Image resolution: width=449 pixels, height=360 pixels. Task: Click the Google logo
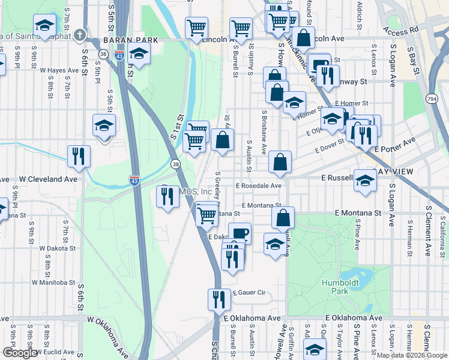(x=19, y=353)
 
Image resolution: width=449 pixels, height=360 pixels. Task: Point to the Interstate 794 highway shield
(x=432, y=98)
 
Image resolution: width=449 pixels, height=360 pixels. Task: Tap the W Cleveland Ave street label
(x=49, y=179)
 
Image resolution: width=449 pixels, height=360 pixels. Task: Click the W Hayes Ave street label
(x=59, y=70)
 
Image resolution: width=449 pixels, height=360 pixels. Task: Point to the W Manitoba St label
(x=53, y=281)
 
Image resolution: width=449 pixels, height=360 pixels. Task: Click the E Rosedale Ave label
(x=259, y=186)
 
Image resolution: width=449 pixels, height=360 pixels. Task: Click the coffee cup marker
(x=240, y=233)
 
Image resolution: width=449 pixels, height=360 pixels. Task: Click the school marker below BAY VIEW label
(x=364, y=180)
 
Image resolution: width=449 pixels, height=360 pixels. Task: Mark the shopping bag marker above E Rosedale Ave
(x=280, y=161)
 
